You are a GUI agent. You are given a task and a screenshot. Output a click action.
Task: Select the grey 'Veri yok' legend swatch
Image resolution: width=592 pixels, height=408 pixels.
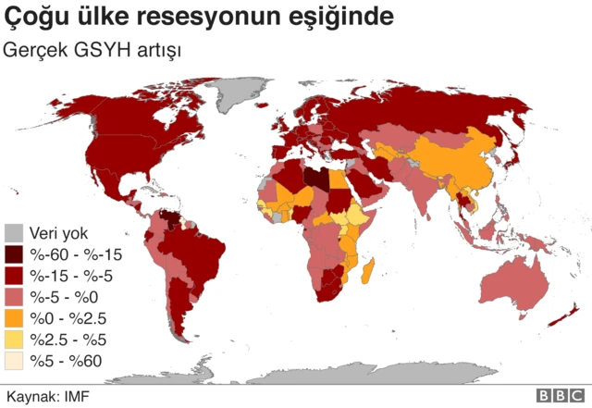coord(15,232)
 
